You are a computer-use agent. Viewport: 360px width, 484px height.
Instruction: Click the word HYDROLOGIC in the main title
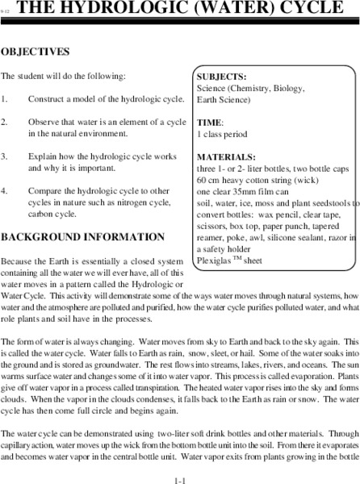coord(118,9)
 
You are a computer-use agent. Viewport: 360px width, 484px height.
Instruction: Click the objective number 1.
coord(5,98)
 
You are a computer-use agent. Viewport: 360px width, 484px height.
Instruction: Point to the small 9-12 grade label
coord(6,10)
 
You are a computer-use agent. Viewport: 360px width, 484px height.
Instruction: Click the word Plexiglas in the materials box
coord(214,261)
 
